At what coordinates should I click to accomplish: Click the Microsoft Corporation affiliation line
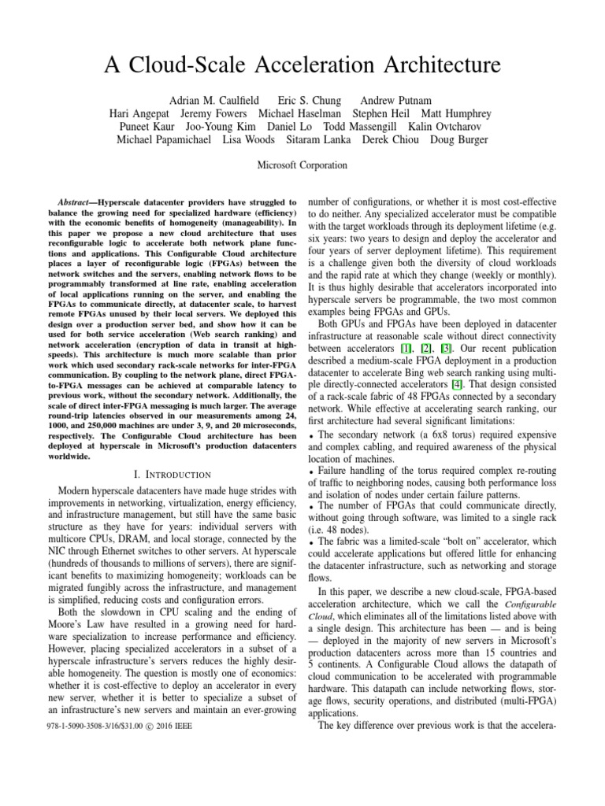pyautogui.click(x=302, y=165)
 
